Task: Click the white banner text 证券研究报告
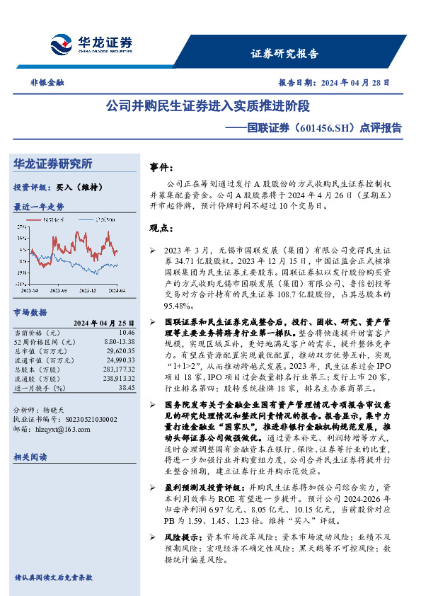[285, 54]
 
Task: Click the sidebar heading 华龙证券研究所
[53, 164]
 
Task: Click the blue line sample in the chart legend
[83, 220]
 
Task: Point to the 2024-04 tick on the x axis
[117, 290]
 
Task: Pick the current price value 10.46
[127, 331]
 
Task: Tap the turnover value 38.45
[127, 388]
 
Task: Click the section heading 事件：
[161, 167]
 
